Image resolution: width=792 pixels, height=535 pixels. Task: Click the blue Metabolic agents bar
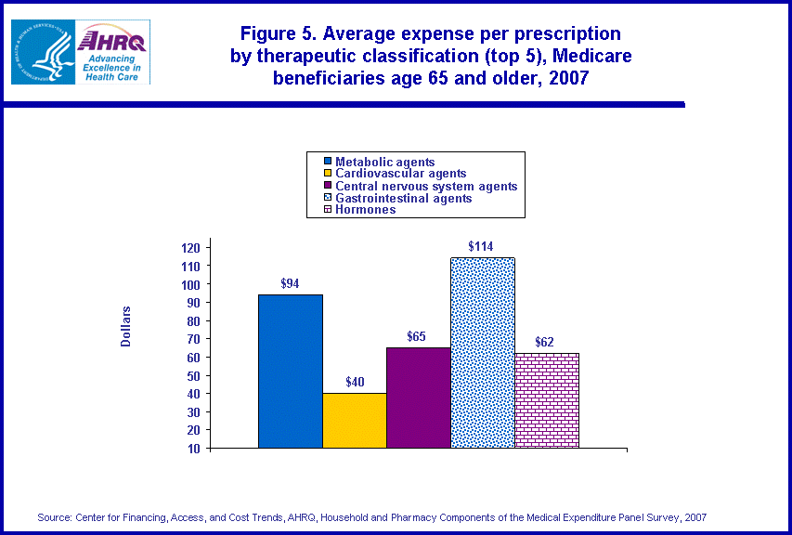pyautogui.click(x=291, y=372)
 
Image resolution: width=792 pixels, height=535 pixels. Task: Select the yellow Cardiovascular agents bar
pyautogui.click(x=355, y=421)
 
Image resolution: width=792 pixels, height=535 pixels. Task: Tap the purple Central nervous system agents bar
pyautogui.click(x=419, y=398)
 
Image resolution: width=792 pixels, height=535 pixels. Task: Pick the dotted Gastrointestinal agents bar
pyautogui.click(x=483, y=353)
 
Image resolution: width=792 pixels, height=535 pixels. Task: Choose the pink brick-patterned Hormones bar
pyautogui.click(x=547, y=400)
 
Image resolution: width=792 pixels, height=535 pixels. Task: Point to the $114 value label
pyautogui.click(x=480, y=246)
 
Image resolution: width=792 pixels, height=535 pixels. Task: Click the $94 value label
pyautogui.click(x=290, y=283)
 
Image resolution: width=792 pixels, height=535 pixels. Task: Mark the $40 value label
pyautogui.click(x=355, y=382)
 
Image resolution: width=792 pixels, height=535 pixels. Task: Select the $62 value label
pyautogui.click(x=544, y=342)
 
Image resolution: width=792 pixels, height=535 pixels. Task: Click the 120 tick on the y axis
pyautogui.click(x=190, y=248)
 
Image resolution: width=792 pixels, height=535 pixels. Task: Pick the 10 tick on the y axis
pyautogui.click(x=194, y=449)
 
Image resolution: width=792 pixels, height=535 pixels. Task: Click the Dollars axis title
pyautogui.click(x=125, y=326)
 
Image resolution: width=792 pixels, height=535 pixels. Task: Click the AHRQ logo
pyautogui.click(x=112, y=53)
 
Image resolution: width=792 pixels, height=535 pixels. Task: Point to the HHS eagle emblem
pyautogui.click(x=41, y=53)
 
